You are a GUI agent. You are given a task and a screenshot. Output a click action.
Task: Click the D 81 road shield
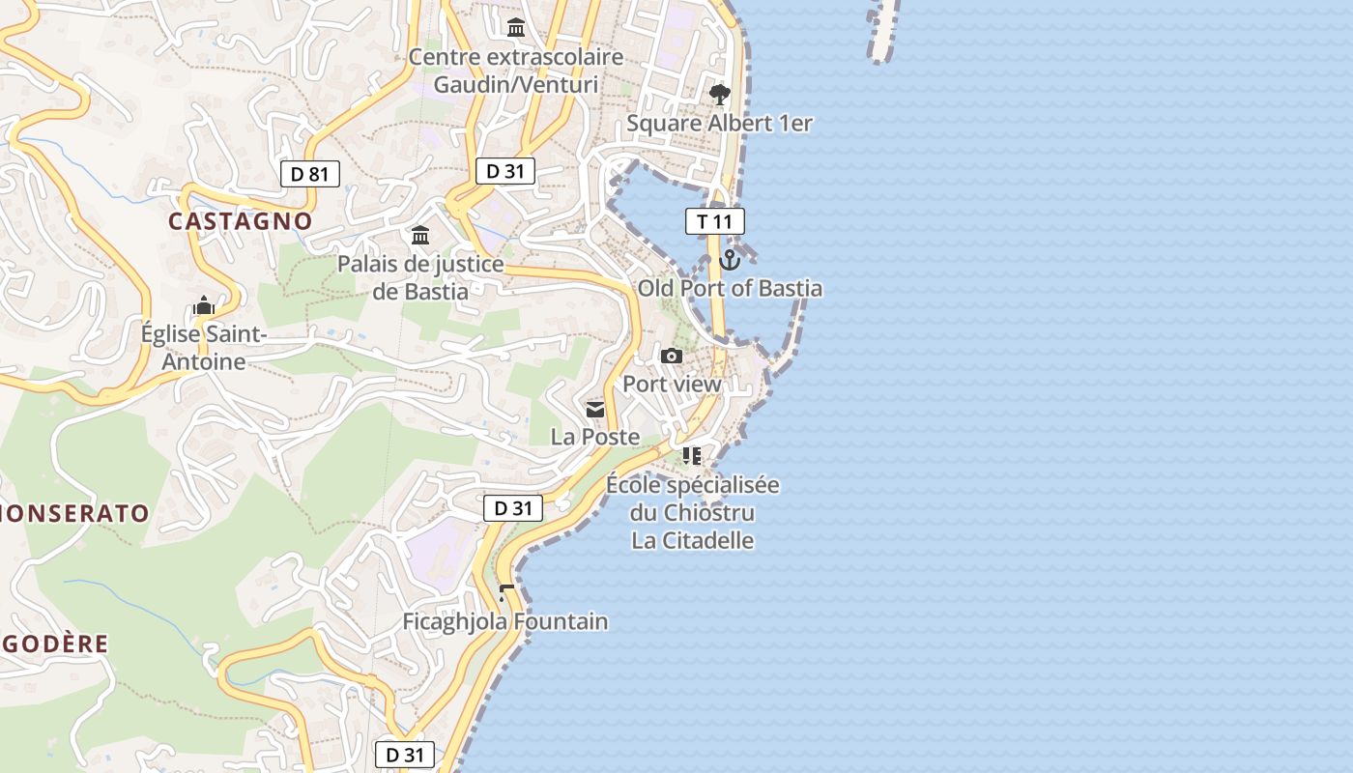coord(309,174)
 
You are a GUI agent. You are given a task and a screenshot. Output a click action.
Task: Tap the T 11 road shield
coord(715,221)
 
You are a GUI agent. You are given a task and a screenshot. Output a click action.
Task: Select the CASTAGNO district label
coord(241,221)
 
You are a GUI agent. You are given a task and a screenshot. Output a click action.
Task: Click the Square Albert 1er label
coord(719,124)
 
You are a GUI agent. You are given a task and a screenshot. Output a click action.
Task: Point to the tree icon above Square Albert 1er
coord(719,94)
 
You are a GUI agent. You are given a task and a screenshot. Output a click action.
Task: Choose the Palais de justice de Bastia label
coord(420,277)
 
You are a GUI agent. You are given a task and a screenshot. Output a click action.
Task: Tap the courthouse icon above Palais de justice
coord(420,235)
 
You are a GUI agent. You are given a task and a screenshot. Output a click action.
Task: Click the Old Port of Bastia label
coord(730,288)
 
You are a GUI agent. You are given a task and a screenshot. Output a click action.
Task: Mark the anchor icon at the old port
coord(730,259)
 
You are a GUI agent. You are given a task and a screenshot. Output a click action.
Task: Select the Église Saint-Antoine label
coord(203,348)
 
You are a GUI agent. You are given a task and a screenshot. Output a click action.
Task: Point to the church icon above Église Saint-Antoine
coord(203,307)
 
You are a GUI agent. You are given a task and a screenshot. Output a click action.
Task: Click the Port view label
coord(672,384)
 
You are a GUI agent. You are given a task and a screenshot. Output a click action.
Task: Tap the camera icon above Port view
coord(672,357)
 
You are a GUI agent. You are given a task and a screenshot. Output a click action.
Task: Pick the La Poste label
coord(595,437)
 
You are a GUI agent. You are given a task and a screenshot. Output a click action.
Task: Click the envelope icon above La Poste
coord(595,410)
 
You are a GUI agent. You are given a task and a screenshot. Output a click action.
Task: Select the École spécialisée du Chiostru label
coord(692,499)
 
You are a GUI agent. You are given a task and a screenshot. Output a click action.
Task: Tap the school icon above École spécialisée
coord(692,455)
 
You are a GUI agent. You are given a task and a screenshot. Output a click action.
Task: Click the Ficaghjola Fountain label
coord(505,621)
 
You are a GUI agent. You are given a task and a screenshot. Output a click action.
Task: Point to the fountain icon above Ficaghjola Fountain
coord(505,591)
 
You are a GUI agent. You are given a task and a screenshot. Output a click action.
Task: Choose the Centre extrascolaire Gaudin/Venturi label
coord(515,71)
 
